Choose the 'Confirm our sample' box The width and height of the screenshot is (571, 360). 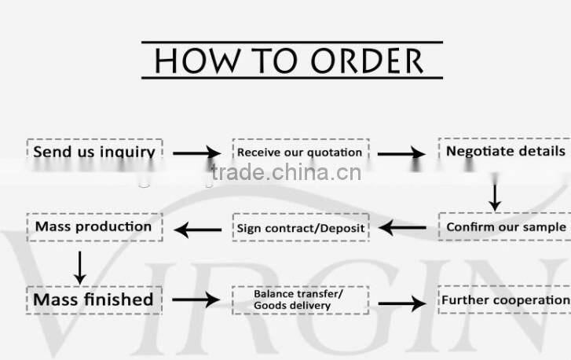(x=505, y=226)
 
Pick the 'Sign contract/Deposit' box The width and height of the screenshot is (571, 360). (x=301, y=227)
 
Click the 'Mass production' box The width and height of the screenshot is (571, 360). (x=95, y=227)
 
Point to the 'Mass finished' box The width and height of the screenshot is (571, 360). (x=94, y=300)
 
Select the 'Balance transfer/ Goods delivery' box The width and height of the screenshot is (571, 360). (x=301, y=300)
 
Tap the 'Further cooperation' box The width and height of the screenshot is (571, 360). (x=505, y=300)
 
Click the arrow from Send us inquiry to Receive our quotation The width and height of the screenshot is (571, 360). (x=196, y=153)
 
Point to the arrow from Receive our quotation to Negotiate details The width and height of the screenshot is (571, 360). (x=401, y=154)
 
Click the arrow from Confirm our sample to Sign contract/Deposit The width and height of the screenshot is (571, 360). (x=402, y=228)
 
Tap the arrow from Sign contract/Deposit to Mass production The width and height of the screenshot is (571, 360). (x=198, y=230)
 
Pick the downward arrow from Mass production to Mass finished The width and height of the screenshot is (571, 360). (x=80, y=268)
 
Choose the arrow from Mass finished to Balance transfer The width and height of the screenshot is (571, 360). (x=196, y=299)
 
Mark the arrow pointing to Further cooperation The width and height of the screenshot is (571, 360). (x=402, y=303)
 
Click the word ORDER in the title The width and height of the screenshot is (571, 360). (x=367, y=61)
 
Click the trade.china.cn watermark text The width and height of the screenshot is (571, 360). (x=286, y=172)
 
